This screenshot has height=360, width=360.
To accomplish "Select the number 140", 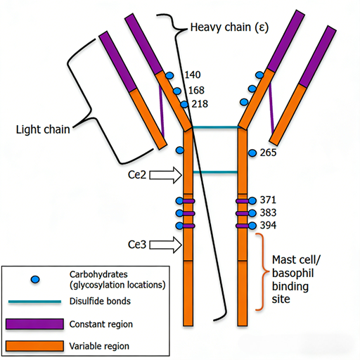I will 193,75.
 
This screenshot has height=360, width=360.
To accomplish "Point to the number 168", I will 196,90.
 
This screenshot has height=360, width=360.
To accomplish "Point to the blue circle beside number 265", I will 252,153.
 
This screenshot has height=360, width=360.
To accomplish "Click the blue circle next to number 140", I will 169,75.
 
